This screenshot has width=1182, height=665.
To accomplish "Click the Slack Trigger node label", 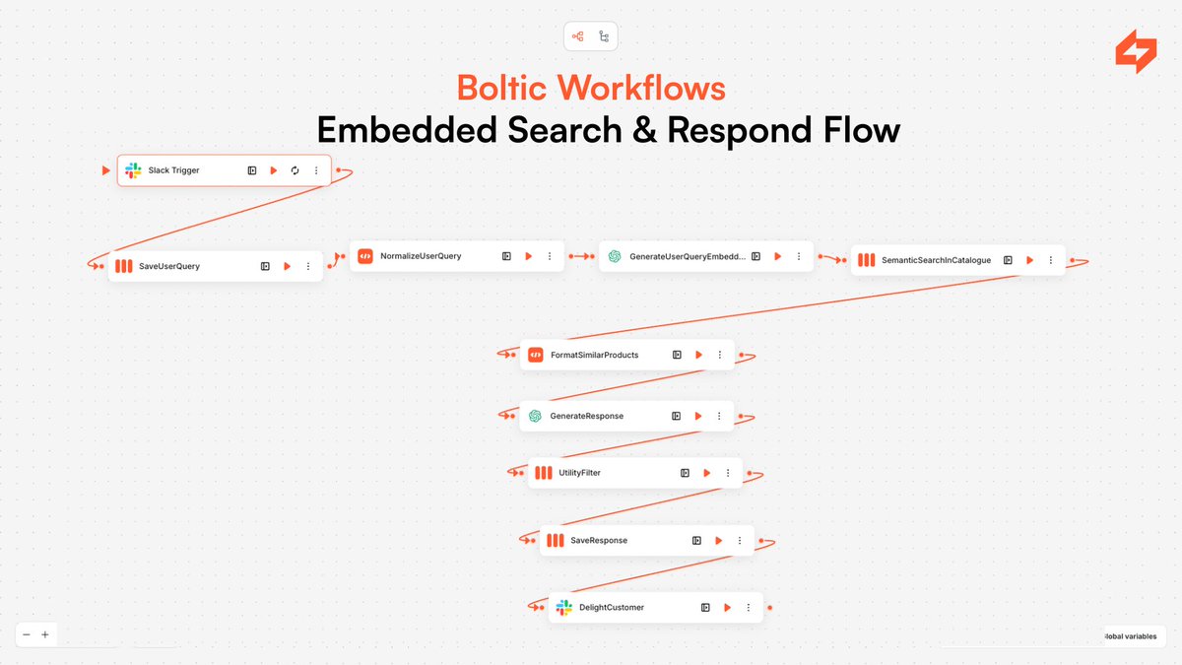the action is [x=173, y=170].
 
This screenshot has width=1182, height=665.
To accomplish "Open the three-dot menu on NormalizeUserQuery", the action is [x=550, y=256].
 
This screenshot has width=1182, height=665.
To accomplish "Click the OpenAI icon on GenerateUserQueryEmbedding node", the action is [x=615, y=256].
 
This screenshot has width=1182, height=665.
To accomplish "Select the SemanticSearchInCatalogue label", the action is [x=937, y=260].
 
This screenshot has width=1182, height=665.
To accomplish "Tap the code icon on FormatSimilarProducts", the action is [x=535, y=355].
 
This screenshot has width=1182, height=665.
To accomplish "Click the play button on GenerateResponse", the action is [x=698, y=416].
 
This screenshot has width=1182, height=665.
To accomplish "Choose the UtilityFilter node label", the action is [x=579, y=473].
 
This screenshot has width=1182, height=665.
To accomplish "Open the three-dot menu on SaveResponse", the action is [x=740, y=540].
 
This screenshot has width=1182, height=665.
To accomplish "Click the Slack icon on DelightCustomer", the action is [x=563, y=607].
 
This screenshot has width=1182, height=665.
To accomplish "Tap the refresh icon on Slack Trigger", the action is [x=295, y=170].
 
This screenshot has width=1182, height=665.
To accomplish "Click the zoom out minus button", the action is [x=27, y=634].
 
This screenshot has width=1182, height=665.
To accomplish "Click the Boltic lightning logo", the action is [x=1136, y=52].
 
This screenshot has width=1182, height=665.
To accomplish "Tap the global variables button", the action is [x=1133, y=636].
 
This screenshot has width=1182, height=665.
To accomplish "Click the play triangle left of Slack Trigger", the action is [x=106, y=170].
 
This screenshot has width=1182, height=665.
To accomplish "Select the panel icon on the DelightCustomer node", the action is [x=705, y=607].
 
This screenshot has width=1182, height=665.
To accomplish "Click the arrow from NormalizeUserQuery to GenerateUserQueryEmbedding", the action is [x=581, y=256].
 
